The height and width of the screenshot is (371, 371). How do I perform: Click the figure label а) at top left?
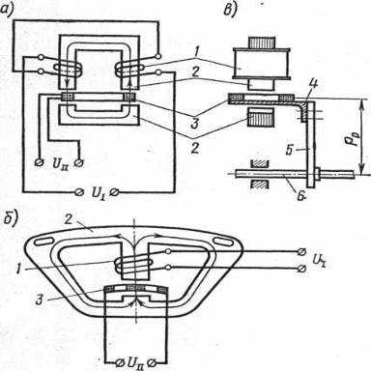pos(8,9)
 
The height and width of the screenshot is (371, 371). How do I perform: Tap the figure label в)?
pos(231,9)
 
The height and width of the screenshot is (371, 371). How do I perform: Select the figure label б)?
pos(11,220)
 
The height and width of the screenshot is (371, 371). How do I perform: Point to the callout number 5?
pos(290,150)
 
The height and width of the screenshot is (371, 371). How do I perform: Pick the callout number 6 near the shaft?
pos(301,195)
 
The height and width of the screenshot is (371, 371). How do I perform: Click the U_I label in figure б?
pos(319,259)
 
